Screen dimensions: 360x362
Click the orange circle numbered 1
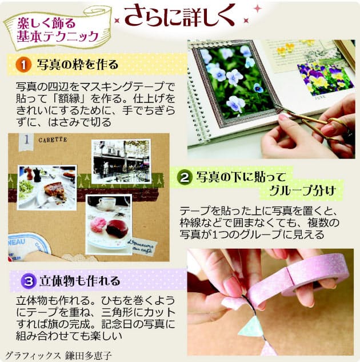pos(23,65)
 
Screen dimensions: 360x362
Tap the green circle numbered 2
pos(185,177)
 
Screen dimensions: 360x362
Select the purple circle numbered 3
pos(29,281)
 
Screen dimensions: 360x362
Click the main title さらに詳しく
pos(179,17)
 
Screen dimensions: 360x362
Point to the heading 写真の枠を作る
pos(78,65)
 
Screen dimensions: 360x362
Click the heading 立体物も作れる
pos(80,281)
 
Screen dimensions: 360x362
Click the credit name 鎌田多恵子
pos(89,356)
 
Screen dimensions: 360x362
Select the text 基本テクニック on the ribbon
pos(58,37)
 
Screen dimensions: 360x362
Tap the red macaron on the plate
pos(117,228)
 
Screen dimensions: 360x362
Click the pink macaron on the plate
pos(98,225)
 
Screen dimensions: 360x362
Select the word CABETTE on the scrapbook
pos(53,140)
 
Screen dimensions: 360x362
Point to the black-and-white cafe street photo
pos(121,161)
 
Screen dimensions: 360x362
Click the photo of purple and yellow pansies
pos(325,79)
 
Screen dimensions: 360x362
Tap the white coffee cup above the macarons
pos(107,203)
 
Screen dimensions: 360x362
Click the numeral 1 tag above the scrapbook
pos(26,141)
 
